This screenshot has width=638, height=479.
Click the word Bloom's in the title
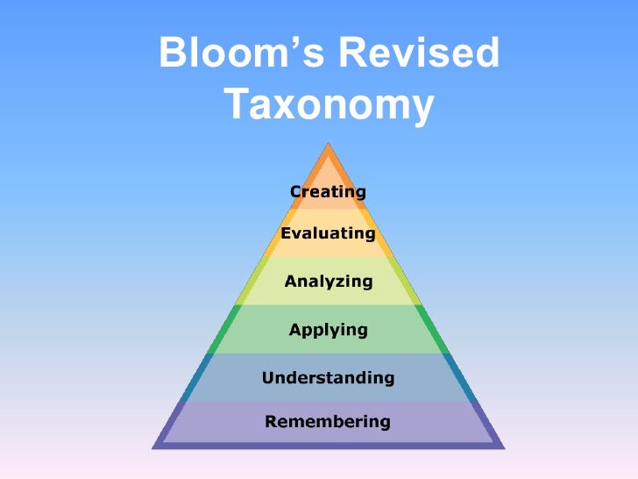(235, 55)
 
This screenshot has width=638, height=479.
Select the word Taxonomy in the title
(329, 106)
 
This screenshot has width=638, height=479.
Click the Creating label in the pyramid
(328, 191)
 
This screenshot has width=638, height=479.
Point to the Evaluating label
(328, 233)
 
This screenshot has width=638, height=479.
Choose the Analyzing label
(329, 282)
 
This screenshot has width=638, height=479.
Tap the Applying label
(329, 330)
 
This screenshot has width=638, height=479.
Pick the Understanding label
(329, 378)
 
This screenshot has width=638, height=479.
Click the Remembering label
(328, 421)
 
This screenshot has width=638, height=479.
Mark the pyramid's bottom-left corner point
(154, 447)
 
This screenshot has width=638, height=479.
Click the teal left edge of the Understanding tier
(195, 377)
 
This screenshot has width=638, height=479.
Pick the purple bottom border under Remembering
(329, 445)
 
